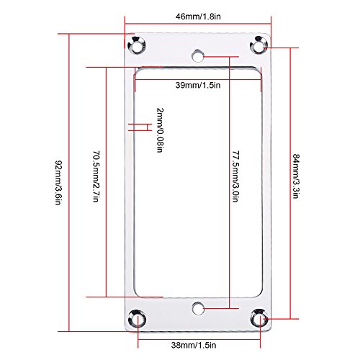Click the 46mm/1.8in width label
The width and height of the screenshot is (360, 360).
point(198,17)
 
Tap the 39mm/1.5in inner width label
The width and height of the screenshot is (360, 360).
point(198,85)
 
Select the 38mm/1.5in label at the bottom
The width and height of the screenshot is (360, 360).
point(194,345)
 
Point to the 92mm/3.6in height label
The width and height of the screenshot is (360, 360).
point(59,182)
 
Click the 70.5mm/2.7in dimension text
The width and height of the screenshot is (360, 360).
point(96,176)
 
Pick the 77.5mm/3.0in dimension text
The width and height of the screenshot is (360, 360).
point(236,176)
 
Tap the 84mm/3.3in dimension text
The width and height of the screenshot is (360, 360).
point(296,176)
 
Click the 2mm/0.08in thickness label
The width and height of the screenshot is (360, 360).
point(160,130)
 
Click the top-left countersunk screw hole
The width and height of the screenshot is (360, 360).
point(137,45)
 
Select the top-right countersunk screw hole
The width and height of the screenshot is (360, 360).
point(259,45)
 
